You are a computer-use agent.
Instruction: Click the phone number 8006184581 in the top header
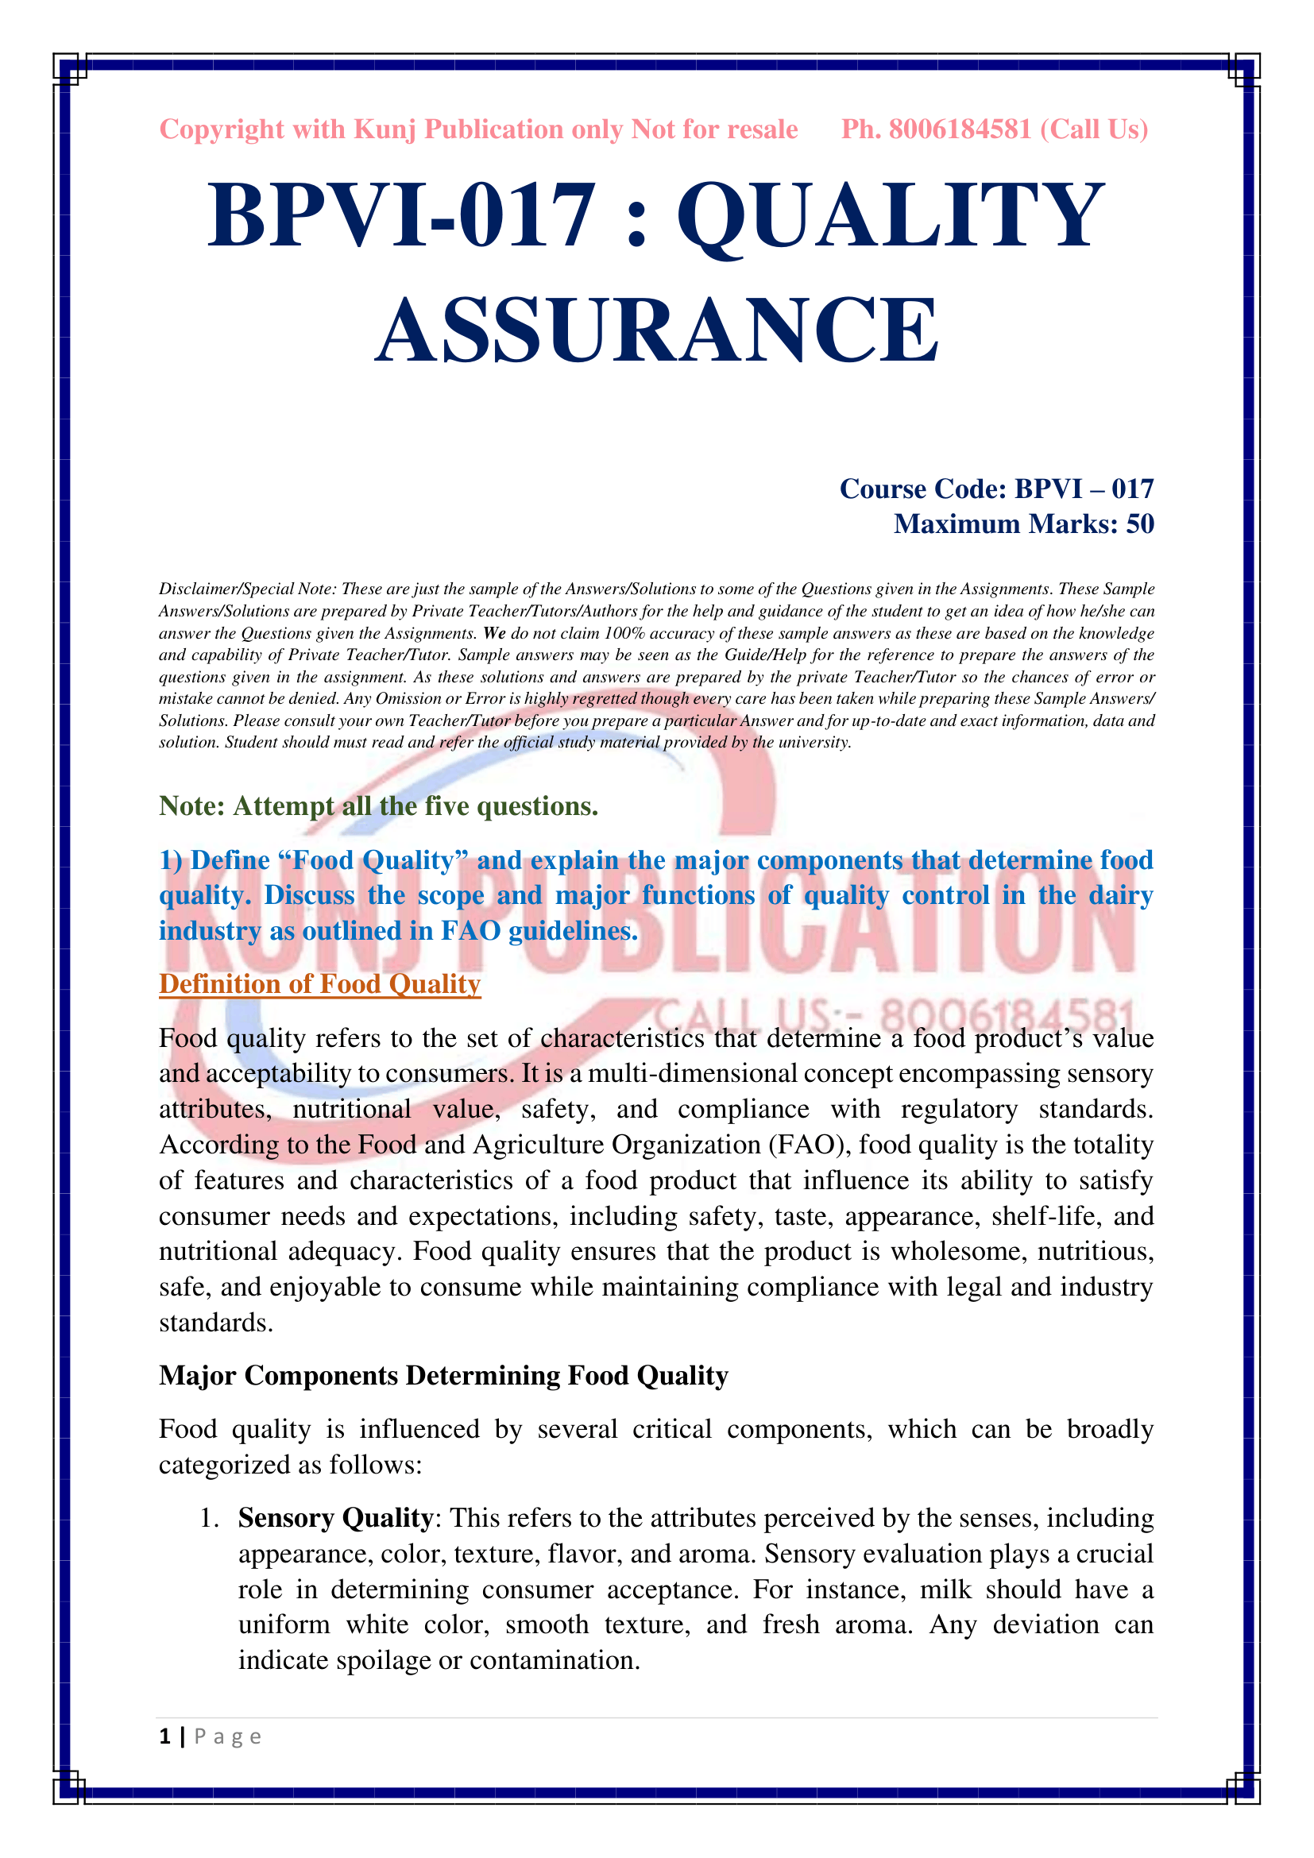[x=960, y=129]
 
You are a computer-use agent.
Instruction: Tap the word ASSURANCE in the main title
[x=657, y=330]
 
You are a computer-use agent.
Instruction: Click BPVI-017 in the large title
[x=402, y=215]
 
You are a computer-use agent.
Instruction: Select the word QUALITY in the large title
[x=891, y=215]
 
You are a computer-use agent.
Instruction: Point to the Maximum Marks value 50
[x=1139, y=524]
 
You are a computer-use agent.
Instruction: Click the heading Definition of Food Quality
[x=319, y=984]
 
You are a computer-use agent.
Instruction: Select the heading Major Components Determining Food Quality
[x=443, y=1376]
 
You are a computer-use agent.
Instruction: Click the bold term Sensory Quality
[x=335, y=1518]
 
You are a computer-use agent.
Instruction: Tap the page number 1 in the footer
[x=165, y=1736]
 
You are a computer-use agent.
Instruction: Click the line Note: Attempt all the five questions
[x=378, y=806]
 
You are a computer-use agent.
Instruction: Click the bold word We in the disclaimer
[x=493, y=633]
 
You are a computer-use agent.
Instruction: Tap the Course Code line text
[x=996, y=489]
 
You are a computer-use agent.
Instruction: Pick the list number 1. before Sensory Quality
[x=210, y=1519]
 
